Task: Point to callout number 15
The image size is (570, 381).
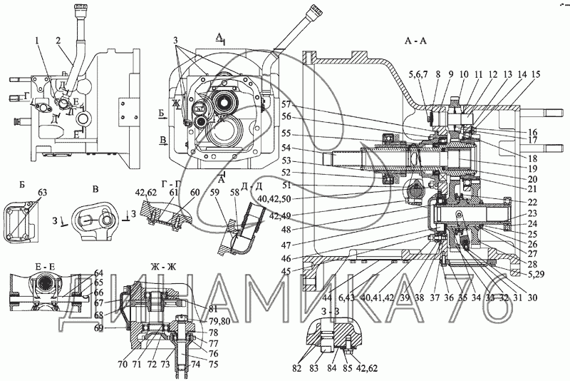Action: coord(536,74)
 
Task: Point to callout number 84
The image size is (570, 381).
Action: coord(330,369)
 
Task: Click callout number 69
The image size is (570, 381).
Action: coord(99,327)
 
